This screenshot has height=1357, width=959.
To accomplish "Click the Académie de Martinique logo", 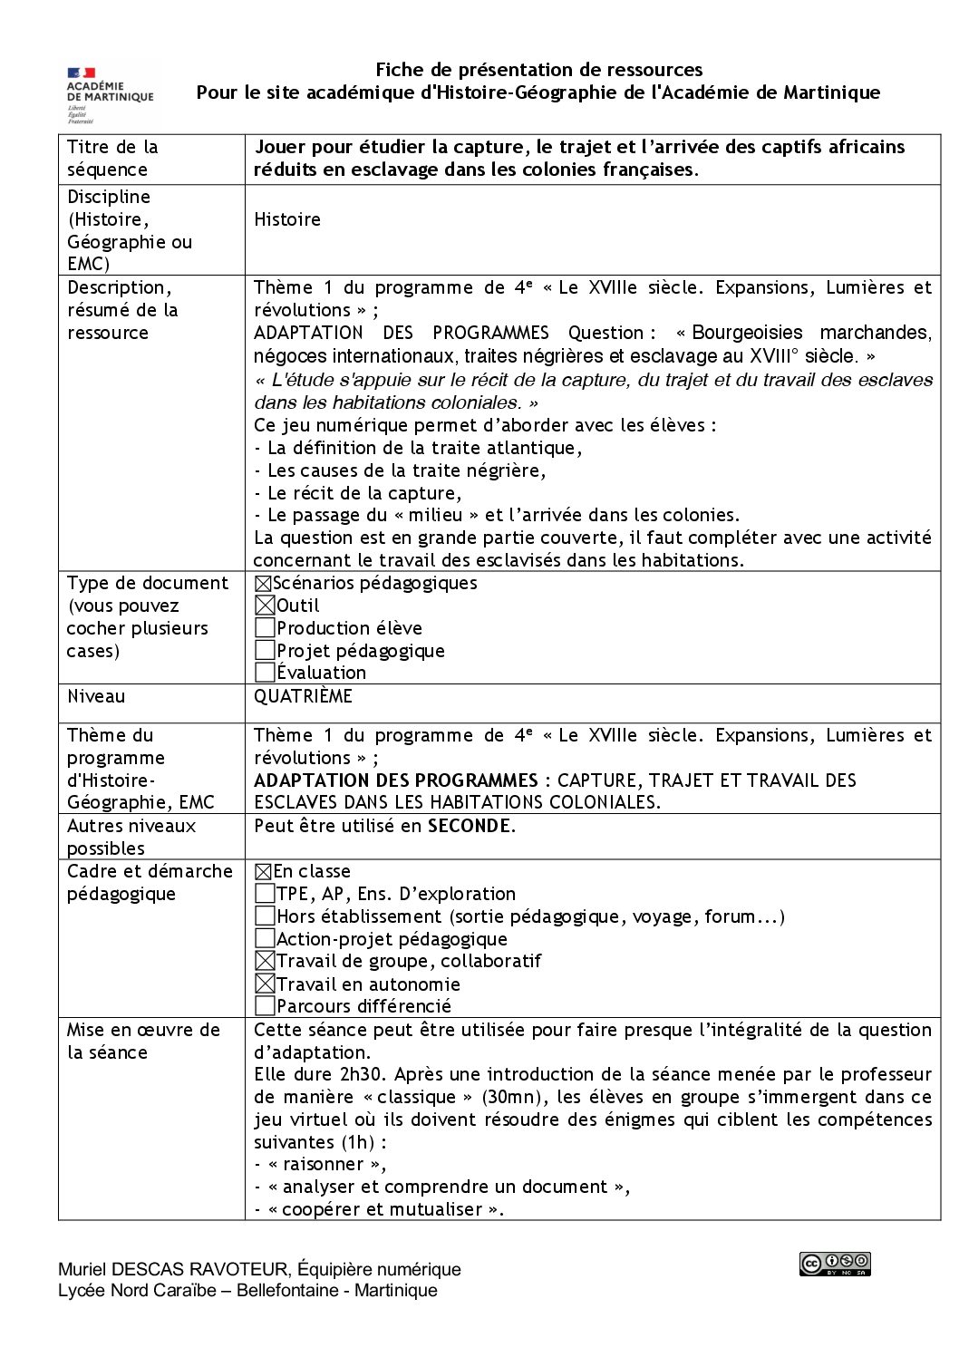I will coord(110,93).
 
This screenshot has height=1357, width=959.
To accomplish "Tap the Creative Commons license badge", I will coord(835,1264).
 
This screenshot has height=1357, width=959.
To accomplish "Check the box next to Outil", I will coord(265,606).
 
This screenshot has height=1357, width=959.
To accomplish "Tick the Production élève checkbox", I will coord(265,628).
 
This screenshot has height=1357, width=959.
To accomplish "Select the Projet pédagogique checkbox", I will coord(265,651).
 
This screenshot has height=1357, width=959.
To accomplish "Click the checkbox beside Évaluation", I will coord(265,673).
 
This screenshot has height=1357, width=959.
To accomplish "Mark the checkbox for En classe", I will coord(263,872).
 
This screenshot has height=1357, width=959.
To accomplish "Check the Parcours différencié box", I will coord(265,1006).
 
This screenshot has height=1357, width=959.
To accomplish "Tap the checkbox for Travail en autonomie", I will coord(265,984).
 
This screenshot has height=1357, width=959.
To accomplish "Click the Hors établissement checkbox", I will coord(265,916).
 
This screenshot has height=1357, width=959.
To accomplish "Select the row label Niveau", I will coord(96,697).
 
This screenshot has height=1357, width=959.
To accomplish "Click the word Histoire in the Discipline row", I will coord(287,219).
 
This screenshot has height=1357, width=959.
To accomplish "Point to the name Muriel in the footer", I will coord(83,1269).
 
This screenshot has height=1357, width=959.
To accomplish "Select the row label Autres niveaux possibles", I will coord(131,837).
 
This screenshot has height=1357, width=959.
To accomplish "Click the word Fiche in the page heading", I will coord(397,70).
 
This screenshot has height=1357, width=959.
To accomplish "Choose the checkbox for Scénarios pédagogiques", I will coord(263,584).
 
